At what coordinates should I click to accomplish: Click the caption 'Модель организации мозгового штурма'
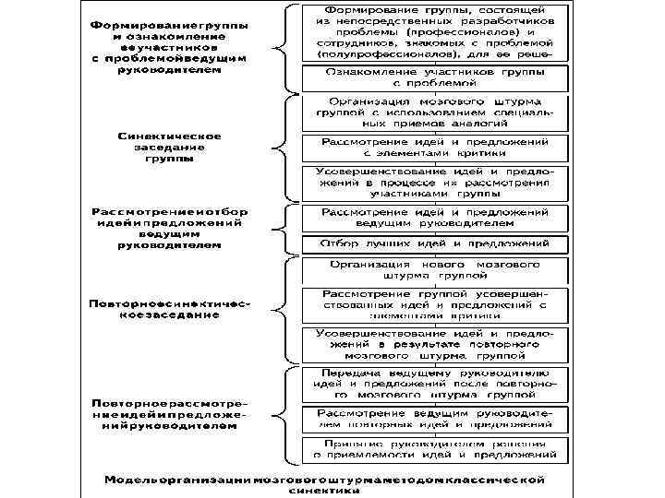point(324,480)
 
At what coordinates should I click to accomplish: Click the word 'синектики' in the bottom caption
point(324,492)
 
